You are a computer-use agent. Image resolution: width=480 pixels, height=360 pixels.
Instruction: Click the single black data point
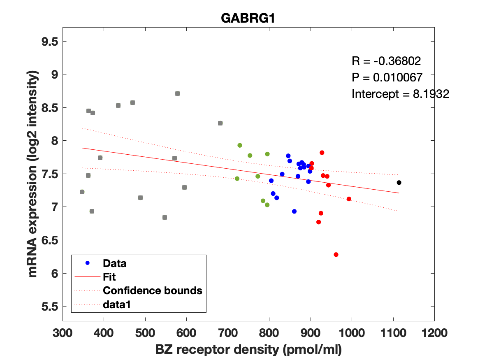(399, 182)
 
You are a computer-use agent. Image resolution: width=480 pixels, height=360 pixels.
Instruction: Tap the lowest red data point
(336, 255)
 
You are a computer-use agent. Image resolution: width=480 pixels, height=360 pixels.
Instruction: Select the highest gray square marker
(177, 93)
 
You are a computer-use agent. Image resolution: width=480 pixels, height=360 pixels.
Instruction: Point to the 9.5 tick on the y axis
(49, 42)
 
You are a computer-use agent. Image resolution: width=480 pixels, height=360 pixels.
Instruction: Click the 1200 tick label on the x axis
(434, 333)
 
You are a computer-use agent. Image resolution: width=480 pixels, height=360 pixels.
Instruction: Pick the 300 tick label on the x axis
(63, 333)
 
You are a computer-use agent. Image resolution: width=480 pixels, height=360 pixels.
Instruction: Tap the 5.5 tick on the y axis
(49, 307)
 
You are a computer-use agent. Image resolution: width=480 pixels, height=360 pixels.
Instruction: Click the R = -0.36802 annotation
(386, 62)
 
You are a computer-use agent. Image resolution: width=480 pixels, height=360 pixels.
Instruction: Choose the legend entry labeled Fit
(109, 277)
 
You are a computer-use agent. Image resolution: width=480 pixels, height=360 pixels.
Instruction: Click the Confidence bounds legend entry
(152, 290)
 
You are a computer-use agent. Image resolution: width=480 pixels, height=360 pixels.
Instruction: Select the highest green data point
(239, 145)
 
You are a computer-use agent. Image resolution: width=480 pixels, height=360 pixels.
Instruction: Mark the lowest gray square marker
(165, 217)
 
